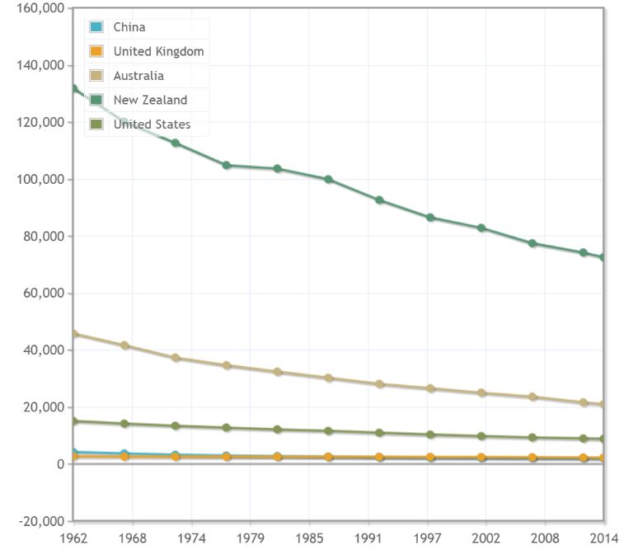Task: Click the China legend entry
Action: (129, 27)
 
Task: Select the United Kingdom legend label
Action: (158, 51)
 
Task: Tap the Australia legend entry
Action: (138, 76)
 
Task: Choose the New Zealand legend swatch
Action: (96, 100)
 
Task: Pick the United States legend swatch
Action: (96, 125)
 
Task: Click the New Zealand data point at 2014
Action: (603, 257)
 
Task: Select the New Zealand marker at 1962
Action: (74, 88)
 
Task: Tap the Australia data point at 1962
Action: (74, 334)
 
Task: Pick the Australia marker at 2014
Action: (603, 404)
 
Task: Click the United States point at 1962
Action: (74, 421)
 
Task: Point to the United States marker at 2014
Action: (603, 439)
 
